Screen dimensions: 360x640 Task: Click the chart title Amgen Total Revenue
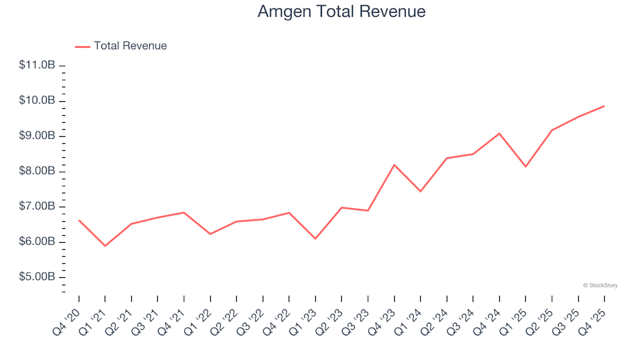[x=341, y=12]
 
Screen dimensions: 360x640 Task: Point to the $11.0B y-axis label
[x=37, y=65]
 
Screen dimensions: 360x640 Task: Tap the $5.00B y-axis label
[x=37, y=277]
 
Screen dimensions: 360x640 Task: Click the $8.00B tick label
[x=37, y=171]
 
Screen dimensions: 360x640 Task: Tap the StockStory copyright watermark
[x=600, y=285]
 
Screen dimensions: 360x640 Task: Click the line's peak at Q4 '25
[x=604, y=106]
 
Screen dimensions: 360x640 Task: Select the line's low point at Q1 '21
[x=105, y=246]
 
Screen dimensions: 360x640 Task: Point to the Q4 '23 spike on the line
[x=394, y=165]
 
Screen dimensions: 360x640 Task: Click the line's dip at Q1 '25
[x=525, y=167]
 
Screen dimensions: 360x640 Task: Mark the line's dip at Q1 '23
[x=315, y=239]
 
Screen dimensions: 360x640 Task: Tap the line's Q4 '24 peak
[x=499, y=133]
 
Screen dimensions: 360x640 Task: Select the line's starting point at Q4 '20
[x=79, y=220]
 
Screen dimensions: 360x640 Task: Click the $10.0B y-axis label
[x=37, y=101]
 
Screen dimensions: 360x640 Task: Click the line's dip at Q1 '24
[x=421, y=191]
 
